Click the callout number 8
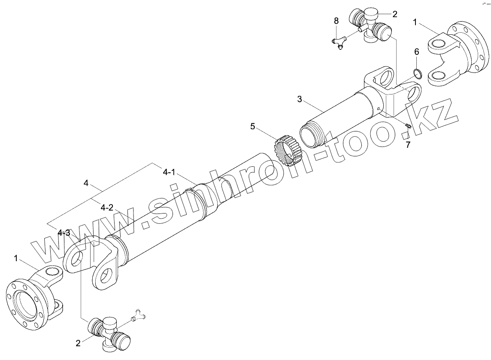tap(336, 21)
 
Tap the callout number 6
tap(416, 52)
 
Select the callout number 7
tap(408, 145)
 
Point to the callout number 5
tap(253, 126)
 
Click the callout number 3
tap(300, 99)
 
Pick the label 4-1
tap(169, 172)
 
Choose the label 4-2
tap(107, 207)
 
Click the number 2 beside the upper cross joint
tap(394, 14)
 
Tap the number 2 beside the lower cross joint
tap(78, 343)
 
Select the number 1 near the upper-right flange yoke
tap(415, 22)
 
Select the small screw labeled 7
tap(408, 126)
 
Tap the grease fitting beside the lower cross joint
tap(138, 316)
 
